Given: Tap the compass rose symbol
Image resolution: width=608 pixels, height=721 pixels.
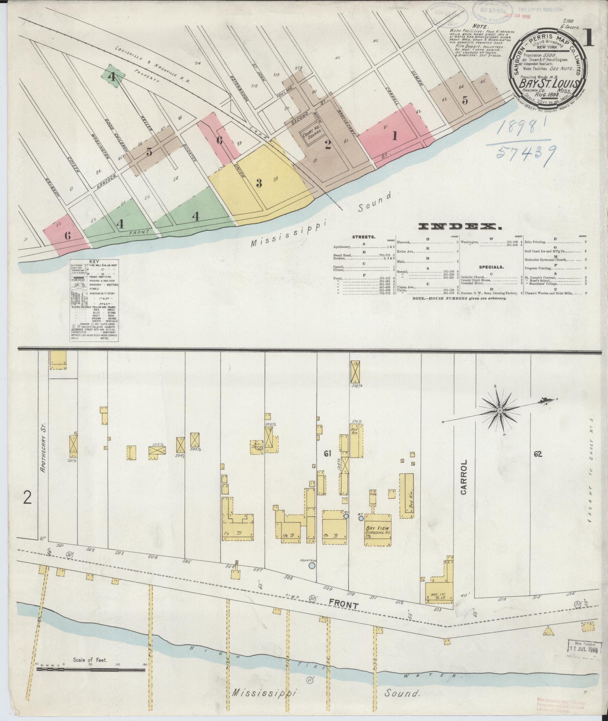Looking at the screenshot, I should (x=500, y=410).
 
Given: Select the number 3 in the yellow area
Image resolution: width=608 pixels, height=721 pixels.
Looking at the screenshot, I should (x=259, y=184).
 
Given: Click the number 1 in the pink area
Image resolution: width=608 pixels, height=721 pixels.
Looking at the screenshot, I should (x=395, y=136).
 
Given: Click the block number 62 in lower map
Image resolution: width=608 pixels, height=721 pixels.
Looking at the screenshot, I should (x=538, y=455).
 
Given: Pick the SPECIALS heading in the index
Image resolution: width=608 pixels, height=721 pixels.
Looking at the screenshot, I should (x=492, y=266).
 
